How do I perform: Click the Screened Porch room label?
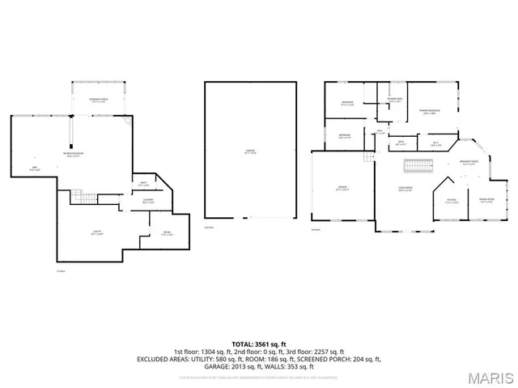click(99, 100)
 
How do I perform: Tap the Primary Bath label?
click(394, 100)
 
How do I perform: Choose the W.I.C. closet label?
click(435, 145)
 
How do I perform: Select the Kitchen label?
click(452, 201)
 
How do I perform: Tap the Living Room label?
click(405, 190)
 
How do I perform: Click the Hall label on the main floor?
click(380, 131)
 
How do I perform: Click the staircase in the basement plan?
click(80, 197)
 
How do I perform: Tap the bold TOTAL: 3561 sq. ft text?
click(258, 343)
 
